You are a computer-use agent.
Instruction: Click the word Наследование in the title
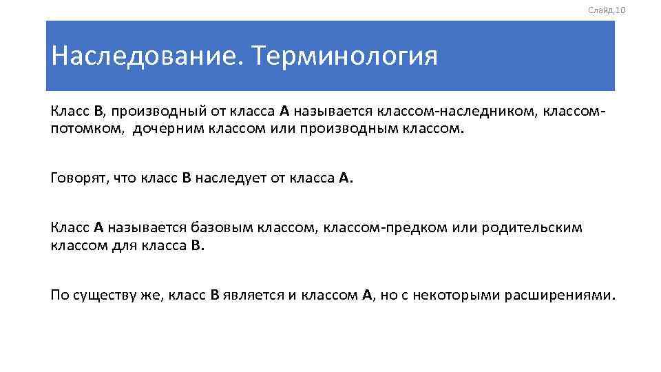coord(145,56)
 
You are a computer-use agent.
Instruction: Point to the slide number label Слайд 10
coord(607,10)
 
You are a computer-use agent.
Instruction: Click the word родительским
coord(532,228)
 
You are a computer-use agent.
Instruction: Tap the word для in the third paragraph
coord(120,245)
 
